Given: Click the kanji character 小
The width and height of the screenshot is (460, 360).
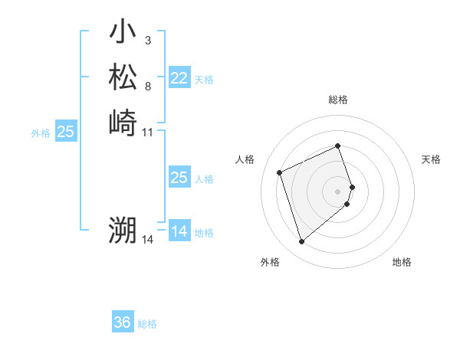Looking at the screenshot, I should point(123,33).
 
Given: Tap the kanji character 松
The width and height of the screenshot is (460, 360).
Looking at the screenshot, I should point(123,77).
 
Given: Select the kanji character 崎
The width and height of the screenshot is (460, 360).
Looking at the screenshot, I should point(123,123).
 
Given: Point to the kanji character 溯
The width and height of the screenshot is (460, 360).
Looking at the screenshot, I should point(123,231).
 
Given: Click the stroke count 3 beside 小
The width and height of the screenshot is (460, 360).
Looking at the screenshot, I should point(148,40).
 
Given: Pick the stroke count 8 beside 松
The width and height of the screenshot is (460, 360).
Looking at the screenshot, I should point(148,86).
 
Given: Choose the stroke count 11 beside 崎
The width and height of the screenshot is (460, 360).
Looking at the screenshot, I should point(148,132).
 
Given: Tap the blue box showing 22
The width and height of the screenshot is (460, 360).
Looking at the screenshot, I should point(179,78).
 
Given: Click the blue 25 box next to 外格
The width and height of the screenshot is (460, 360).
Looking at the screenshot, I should point(66,132).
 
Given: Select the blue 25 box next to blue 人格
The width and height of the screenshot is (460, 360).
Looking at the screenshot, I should point(179,178).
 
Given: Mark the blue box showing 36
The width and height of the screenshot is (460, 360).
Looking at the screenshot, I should point(123,322).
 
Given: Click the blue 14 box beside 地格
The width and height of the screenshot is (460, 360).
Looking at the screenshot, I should point(179,231).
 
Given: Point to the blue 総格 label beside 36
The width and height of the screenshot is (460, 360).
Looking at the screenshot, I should point(147,324).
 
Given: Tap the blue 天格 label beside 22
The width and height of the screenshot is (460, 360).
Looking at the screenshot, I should point(204,80).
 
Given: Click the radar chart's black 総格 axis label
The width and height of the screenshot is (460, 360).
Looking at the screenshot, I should point(338,100).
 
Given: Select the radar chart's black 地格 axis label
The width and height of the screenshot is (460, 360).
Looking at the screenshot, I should point(402,262).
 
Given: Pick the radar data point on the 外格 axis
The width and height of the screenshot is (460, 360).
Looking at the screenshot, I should point(301,242).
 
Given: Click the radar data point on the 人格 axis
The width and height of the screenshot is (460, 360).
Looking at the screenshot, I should point(280,172).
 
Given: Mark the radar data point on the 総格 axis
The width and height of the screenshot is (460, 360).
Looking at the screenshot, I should point(338,146).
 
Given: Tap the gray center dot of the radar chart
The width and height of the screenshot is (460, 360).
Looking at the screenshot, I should point(338,191).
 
